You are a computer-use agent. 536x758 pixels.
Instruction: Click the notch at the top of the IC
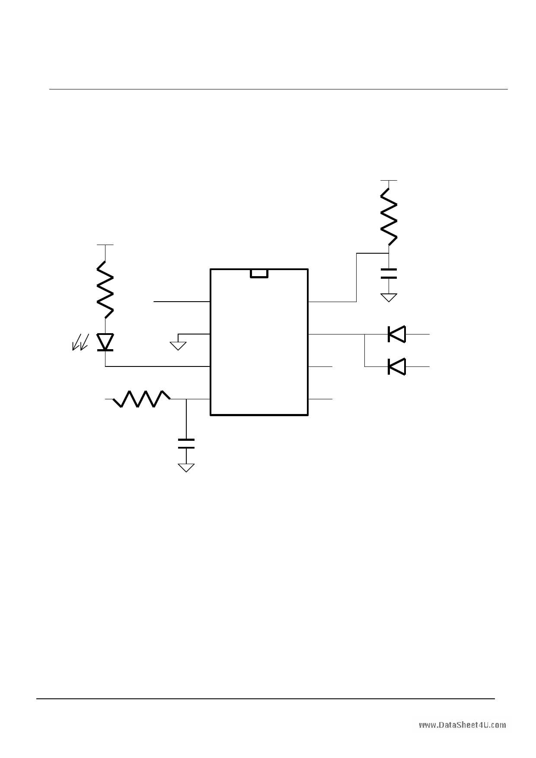pos(259,273)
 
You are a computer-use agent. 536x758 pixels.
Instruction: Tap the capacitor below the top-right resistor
pos(389,273)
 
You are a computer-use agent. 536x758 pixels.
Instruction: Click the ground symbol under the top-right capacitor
pos(389,297)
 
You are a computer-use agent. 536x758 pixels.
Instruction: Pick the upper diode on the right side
pos(396,334)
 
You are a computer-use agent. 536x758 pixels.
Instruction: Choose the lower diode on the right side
pos(396,366)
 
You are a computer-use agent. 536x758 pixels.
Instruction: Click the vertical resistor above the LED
pos(105,290)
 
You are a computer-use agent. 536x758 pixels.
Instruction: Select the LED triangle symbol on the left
pos(105,342)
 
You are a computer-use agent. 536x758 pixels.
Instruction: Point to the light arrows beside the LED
pos(80,342)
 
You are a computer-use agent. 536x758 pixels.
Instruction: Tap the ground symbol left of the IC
pos(178,345)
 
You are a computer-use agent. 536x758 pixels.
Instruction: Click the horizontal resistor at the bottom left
pos(141,399)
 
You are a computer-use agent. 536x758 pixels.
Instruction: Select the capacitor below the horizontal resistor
pos(186,444)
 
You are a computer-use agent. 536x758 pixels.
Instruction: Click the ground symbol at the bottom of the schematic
pos(186,468)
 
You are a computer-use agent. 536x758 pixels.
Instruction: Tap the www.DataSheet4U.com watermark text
pos(462,725)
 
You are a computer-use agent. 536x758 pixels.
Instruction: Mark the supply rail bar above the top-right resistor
pos(389,180)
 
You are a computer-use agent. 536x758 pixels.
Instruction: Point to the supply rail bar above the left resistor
pos(105,245)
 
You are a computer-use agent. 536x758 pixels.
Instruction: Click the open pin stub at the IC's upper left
pos(182,301)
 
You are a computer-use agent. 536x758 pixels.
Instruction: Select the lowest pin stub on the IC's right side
pos(320,399)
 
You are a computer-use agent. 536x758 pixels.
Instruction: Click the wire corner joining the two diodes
pos(365,366)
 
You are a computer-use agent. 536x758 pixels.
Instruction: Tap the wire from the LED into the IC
pos(158,366)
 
